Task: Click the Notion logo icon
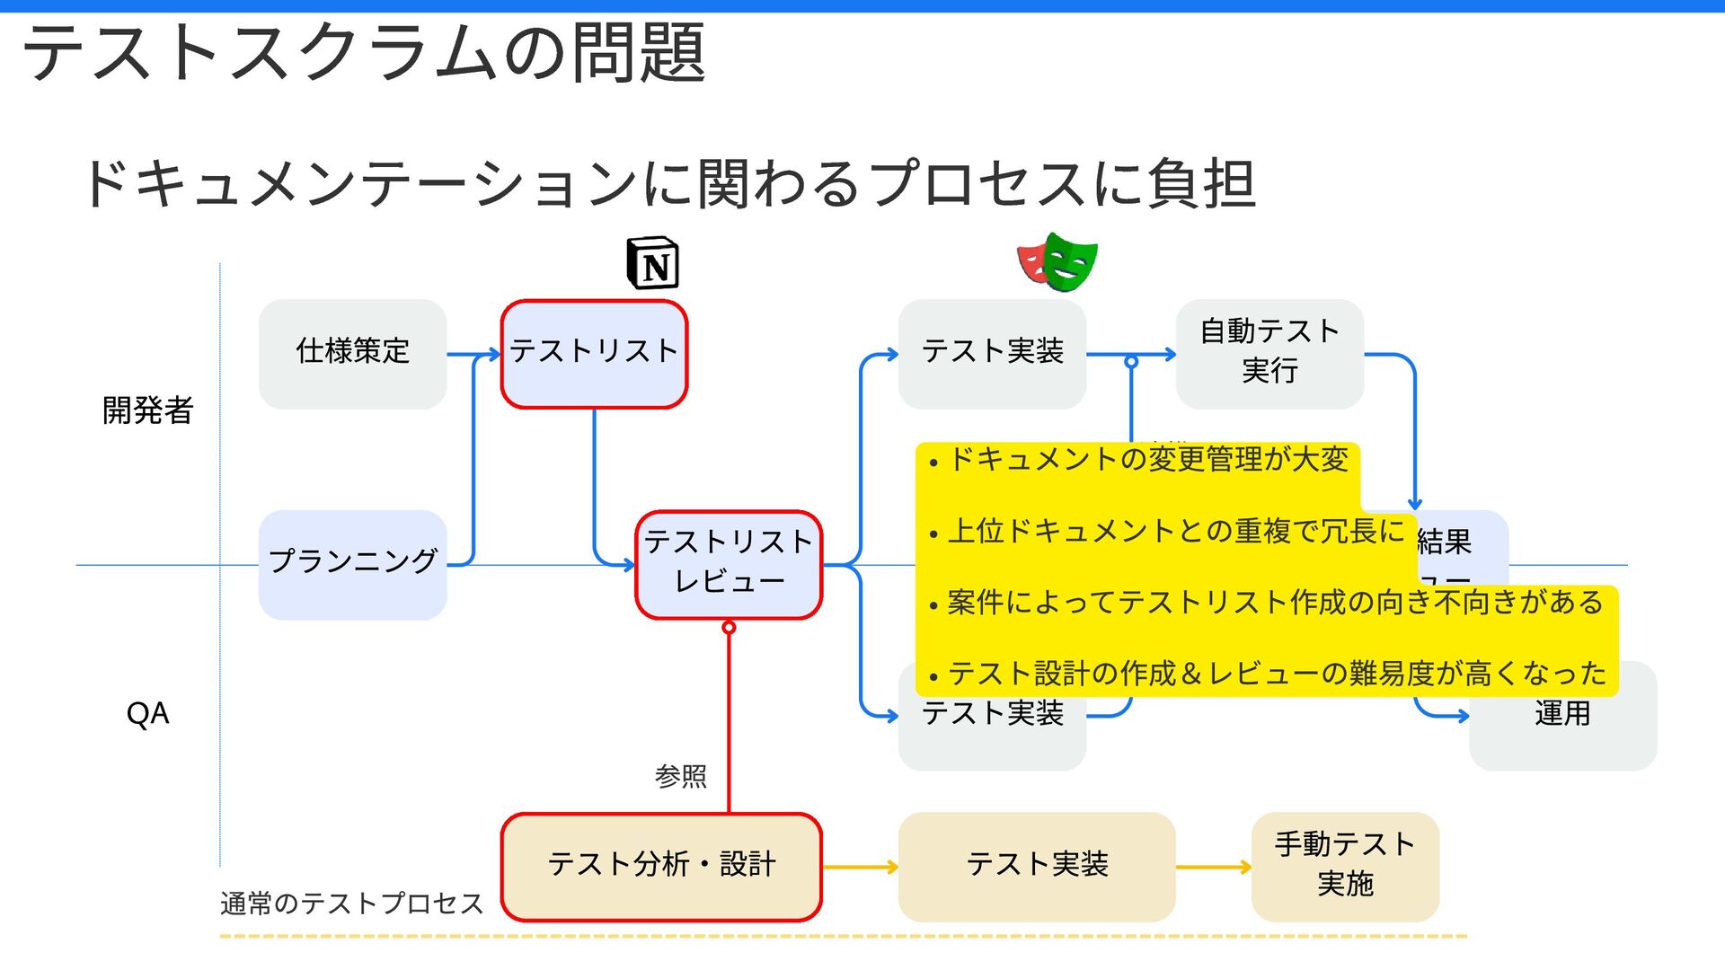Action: tap(653, 264)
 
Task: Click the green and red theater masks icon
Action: tap(1057, 262)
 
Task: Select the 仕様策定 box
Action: tap(352, 353)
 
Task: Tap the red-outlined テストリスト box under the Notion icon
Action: tap(594, 353)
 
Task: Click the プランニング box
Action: tap(352, 564)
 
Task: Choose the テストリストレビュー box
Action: tap(729, 564)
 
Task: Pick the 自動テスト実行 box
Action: tap(1269, 353)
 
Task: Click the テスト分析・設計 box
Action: tap(661, 866)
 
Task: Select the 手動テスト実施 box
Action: tap(1345, 866)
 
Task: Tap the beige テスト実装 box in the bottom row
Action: tap(1037, 866)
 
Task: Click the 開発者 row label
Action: tap(147, 410)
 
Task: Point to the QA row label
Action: tap(147, 714)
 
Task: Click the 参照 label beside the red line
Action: tap(680, 776)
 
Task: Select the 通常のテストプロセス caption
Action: tap(351, 903)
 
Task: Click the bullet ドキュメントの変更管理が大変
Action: tap(1147, 460)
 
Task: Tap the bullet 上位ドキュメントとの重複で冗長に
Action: tap(1175, 532)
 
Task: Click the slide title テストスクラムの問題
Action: tap(364, 54)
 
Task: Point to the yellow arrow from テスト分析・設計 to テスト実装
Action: tap(860, 867)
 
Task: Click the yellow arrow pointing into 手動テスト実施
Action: tap(1213, 867)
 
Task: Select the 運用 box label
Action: tap(1562, 714)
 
